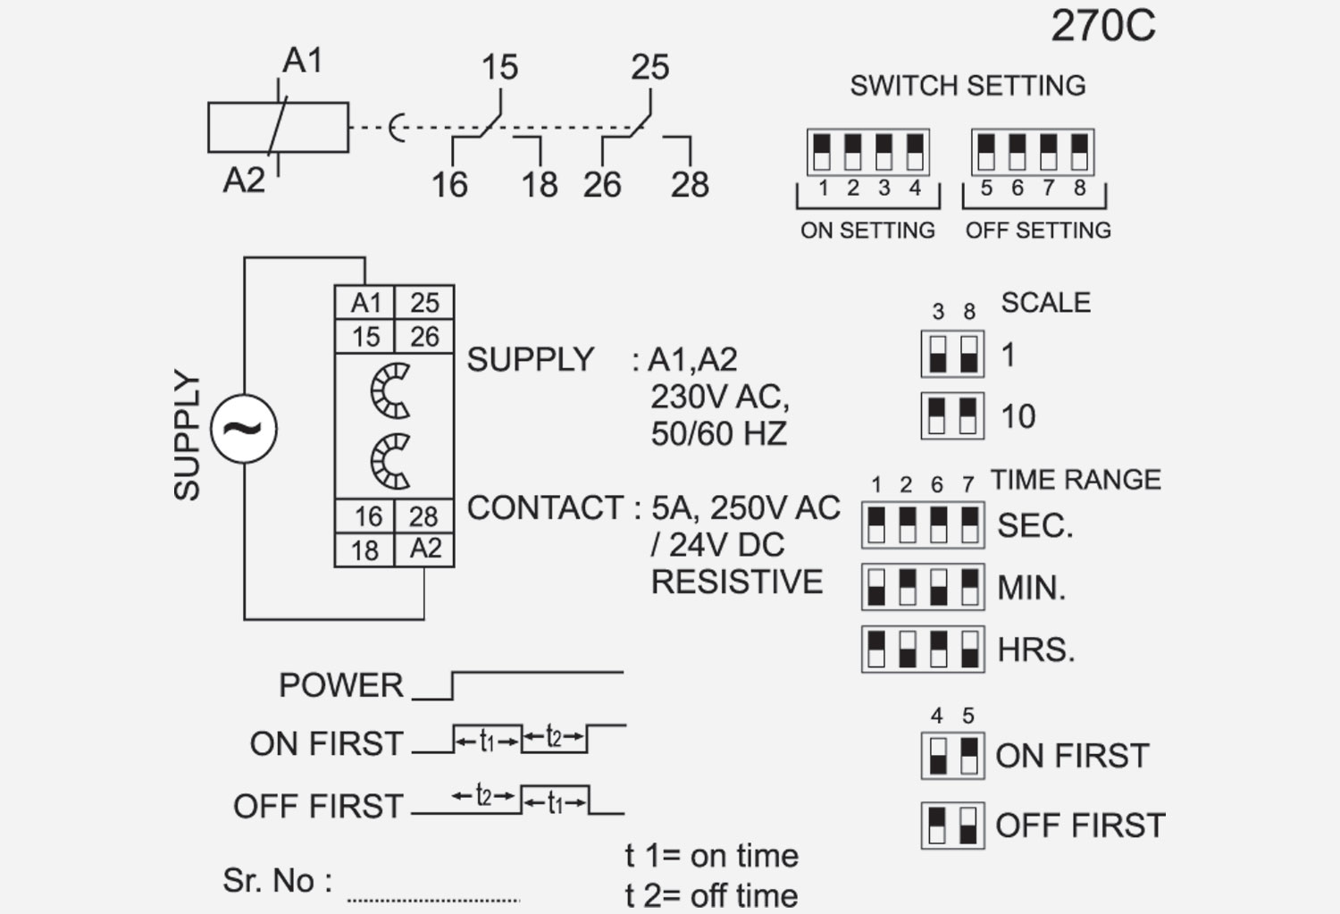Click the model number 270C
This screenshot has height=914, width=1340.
click(x=1102, y=27)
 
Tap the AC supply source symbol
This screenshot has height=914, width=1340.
click(x=244, y=429)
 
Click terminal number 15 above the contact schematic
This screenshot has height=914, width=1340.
click(x=499, y=68)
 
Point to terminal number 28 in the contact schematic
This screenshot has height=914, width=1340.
click(x=690, y=185)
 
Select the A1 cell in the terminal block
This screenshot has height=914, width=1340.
click(x=365, y=303)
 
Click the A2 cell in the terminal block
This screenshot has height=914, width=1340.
click(x=425, y=549)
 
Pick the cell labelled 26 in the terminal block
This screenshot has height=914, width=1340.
click(x=424, y=337)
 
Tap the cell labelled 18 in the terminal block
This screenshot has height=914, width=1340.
click(x=364, y=549)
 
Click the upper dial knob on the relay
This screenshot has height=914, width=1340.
click(x=391, y=390)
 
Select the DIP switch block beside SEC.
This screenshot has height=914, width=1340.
click(x=923, y=524)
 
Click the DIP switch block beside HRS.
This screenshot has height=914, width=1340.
click(x=923, y=649)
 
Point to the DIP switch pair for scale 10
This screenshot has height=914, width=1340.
click(x=952, y=415)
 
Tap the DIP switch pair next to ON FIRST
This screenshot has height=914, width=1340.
click(x=952, y=756)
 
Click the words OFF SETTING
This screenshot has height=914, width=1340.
click(x=1038, y=231)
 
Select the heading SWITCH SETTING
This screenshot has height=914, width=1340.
click(x=967, y=86)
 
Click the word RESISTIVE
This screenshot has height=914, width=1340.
click(x=737, y=583)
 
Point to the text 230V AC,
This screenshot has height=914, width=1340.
click(x=720, y=397)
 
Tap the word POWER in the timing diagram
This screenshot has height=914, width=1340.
click(x=341, y=685)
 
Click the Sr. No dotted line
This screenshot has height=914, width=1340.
click(x=433, y=899)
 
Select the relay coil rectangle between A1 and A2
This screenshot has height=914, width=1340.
click(x=278, y=128)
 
